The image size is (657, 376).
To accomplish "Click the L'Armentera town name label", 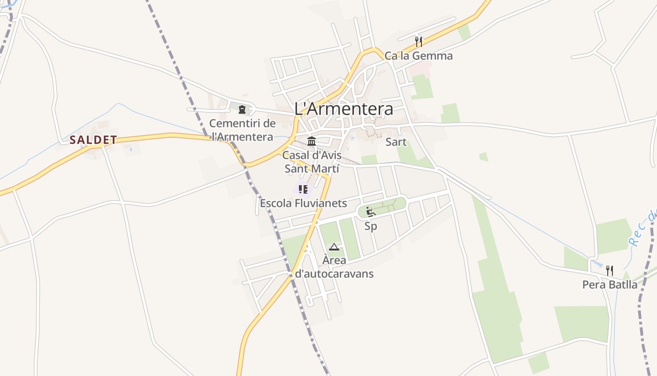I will tap(344, 109).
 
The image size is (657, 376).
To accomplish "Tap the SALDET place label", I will tap(93, 140).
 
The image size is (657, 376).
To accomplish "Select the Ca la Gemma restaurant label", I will tap(419, 56).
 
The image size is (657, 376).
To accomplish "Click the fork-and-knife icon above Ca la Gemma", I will tap(419, 42).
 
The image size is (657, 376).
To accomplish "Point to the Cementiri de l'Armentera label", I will tap(242, 130).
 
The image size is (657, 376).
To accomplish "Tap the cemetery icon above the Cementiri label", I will tap(242, 110).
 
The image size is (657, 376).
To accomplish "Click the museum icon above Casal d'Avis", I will tap(312, 141).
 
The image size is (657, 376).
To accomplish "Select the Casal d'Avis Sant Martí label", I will tap(312, 161).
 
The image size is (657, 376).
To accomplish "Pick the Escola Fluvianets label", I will tap(303, 203).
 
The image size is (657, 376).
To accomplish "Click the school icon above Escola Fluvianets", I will tap(303, 189).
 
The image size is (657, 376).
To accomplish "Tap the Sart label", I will tap(396, 142).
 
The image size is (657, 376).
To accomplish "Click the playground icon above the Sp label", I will tap(371, 212).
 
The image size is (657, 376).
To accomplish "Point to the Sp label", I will tap(371, 226).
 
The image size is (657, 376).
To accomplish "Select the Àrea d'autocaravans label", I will tap(334, 266).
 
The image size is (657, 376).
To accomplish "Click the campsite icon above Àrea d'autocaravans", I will tap(334, 247).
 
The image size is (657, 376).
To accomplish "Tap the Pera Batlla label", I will tap(610, 284).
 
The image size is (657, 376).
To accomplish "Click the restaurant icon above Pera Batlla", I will tap(609, 270).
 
